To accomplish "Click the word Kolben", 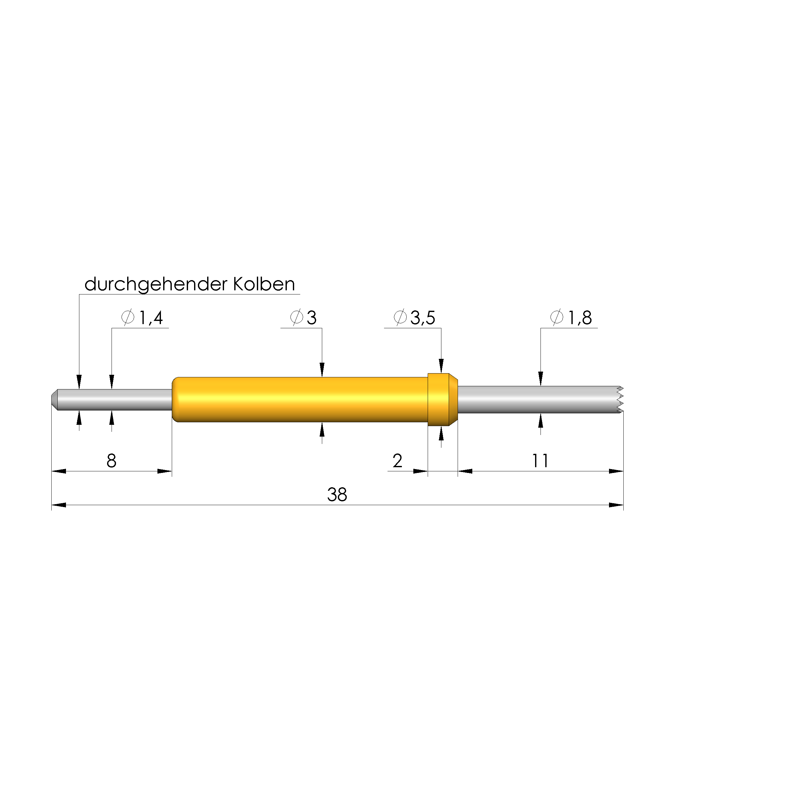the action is click(x=264, y=284).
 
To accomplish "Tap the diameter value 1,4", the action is click(x=151, y=318).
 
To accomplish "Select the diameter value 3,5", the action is click(x=423, y=318).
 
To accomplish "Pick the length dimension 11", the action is click(x=540, y=461).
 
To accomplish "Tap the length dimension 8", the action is click(x=112, y=461).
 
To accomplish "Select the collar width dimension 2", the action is click(x=397, y=461).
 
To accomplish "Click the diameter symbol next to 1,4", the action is click(x=128, y=318).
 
